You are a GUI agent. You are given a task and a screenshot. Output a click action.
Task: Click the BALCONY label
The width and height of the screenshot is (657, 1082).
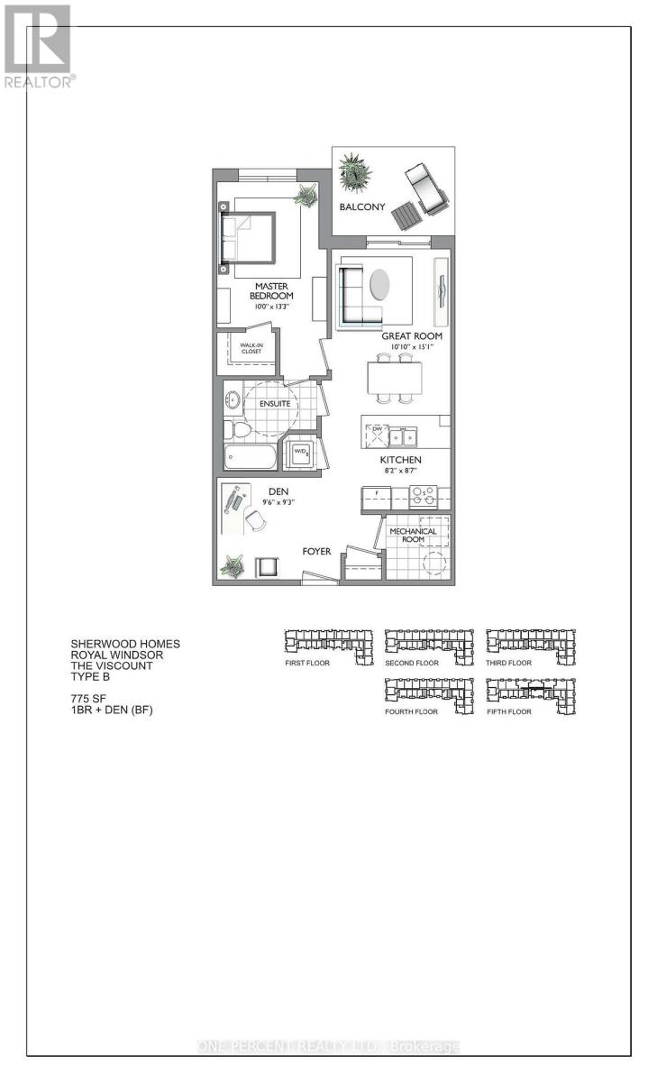coord(362,207)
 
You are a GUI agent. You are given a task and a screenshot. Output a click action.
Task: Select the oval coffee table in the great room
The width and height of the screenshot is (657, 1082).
coord(381,284)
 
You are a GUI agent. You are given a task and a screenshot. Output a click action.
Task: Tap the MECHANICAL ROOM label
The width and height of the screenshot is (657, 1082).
coord(413,536)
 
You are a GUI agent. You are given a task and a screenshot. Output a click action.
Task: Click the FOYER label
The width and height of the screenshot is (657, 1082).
coord(316,551)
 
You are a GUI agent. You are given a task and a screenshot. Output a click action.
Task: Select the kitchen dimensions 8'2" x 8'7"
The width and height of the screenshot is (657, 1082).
coord(400,472)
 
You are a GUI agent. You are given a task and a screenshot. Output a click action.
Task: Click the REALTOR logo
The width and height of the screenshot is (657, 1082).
coord(37,44)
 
